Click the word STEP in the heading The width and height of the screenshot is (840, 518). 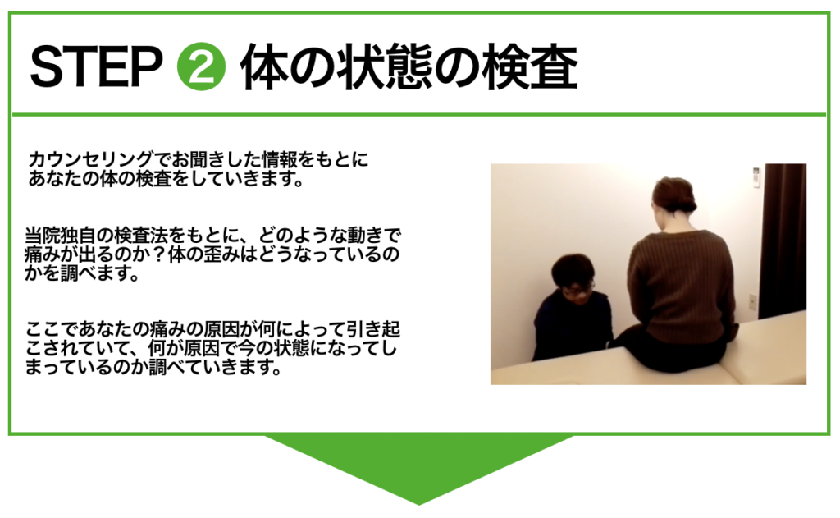(x=97, y=66)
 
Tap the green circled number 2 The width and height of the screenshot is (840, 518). (x=202, y=66)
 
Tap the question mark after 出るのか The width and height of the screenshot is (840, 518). (x=158, y=254)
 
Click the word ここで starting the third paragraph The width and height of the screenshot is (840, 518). (x=52, y=328)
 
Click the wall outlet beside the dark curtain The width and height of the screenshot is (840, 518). (x=753, y=301)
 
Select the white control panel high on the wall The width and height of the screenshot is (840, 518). (x=756, y=177)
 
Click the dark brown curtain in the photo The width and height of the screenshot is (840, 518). (x=783, y=241)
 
